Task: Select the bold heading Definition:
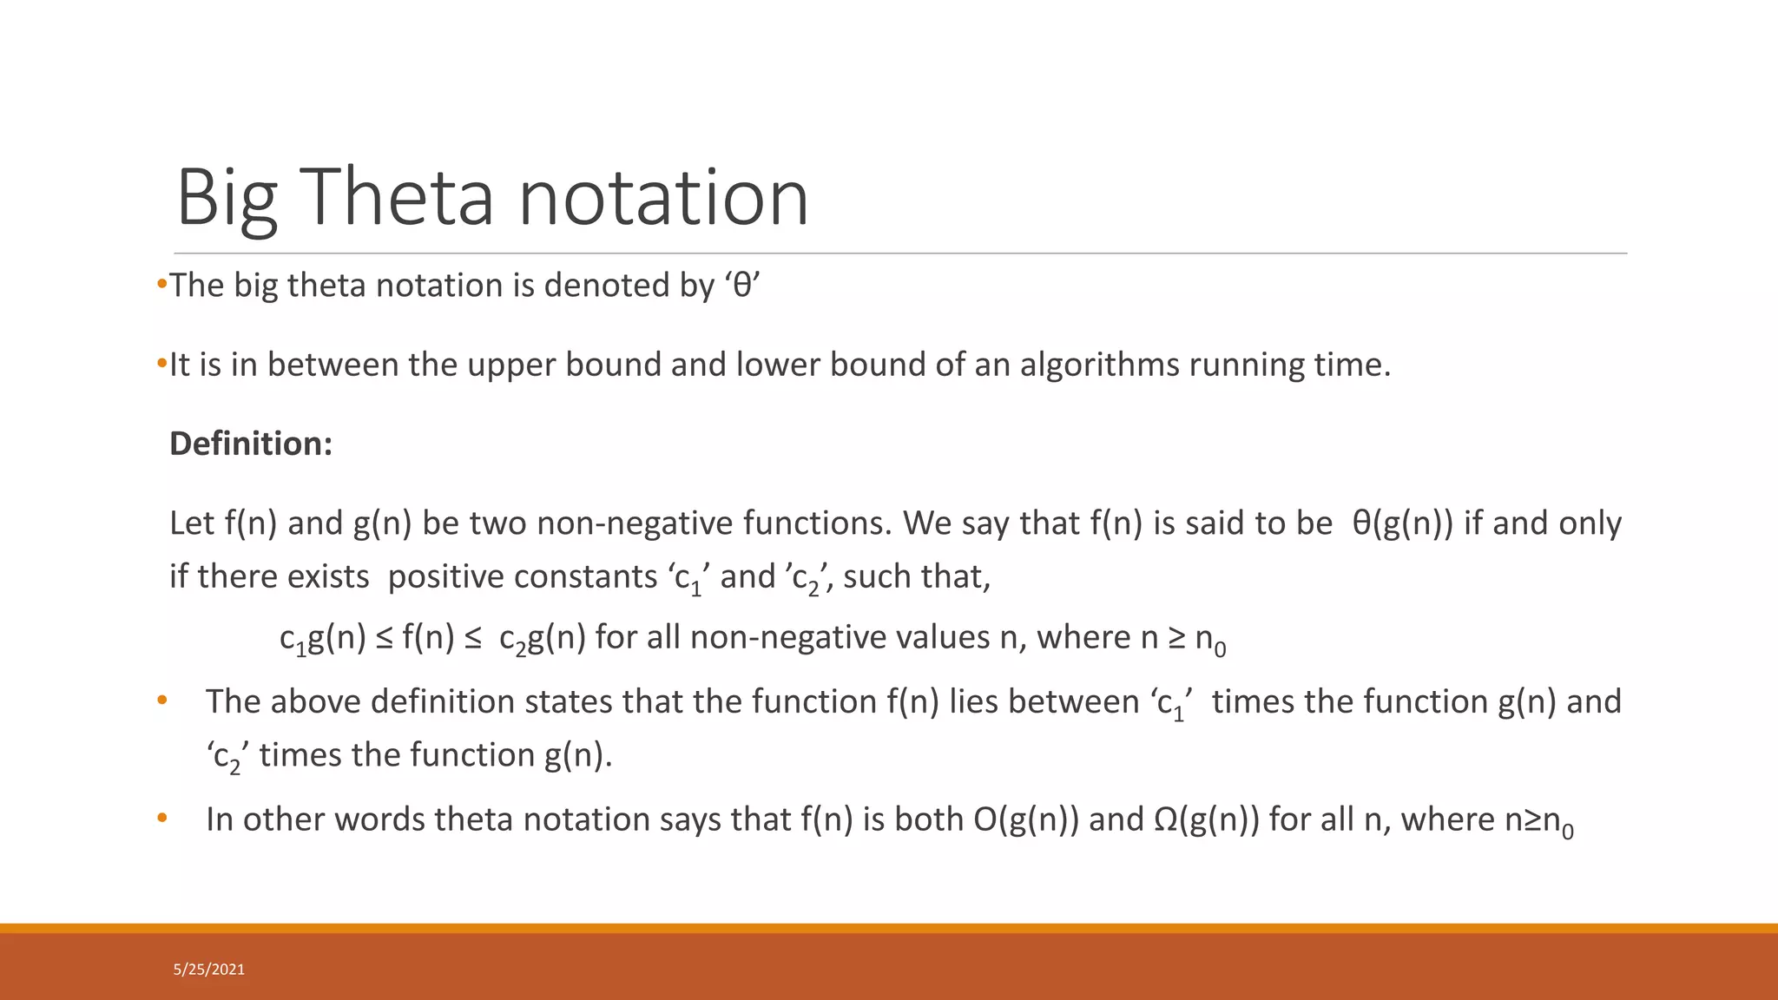[x=251, y=444]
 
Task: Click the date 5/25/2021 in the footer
[x=209, y=970]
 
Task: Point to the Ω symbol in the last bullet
[x=1166, y=819]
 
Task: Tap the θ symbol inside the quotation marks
[x=742, y=286]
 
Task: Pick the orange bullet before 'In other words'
[x=161, y=818]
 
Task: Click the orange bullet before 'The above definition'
[x=161, y=700]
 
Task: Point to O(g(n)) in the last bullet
[x=1026, y=819]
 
